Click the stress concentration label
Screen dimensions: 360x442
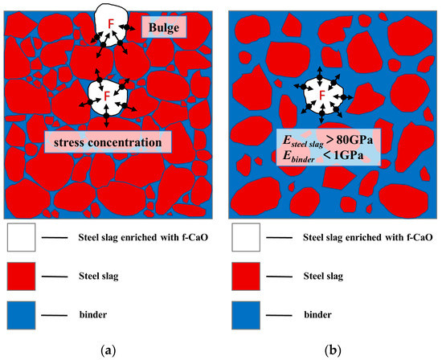click(x=109, y=143)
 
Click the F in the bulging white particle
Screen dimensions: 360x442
click(x=111, y=24)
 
